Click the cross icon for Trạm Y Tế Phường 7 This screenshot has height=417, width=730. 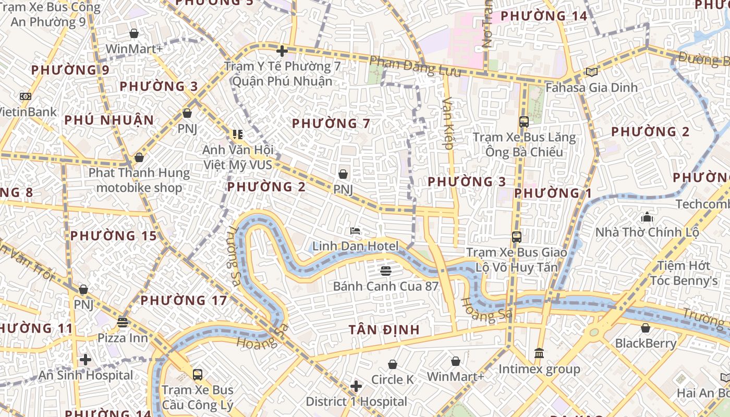tap(282, 51)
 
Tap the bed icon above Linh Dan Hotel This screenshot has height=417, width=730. tap(355, 231)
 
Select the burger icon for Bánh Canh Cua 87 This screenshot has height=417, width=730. tap(386, 271)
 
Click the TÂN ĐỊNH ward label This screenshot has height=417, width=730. tap(385, 329)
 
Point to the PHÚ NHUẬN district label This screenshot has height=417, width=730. tap(110, 120)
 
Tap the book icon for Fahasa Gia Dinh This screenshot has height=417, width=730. tap(591, 72)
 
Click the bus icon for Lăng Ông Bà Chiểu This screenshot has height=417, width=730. tap(524, 122)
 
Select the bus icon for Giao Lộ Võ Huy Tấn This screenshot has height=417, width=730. tap(517, 237)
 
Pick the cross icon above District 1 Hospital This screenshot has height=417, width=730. tap(356, 386)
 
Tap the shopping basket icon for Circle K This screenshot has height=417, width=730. tap(393, 364)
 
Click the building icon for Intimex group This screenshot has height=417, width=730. tap(539, 353)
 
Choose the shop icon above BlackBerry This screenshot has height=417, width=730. tap(646, 328)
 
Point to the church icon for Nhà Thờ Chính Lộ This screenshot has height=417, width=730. tap(647, 217)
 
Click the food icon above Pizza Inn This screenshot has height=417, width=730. tap(123, 323)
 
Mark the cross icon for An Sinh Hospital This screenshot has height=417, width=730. tap(86, 360)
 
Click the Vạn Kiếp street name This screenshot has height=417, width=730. tap(447, 124)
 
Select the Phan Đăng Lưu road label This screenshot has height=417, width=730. tap(415, 67)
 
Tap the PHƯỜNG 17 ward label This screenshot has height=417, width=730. tap(184, 300)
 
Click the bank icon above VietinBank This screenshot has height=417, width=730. tap(25, 96)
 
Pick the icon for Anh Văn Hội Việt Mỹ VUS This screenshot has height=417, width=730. tap(238, 135)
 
